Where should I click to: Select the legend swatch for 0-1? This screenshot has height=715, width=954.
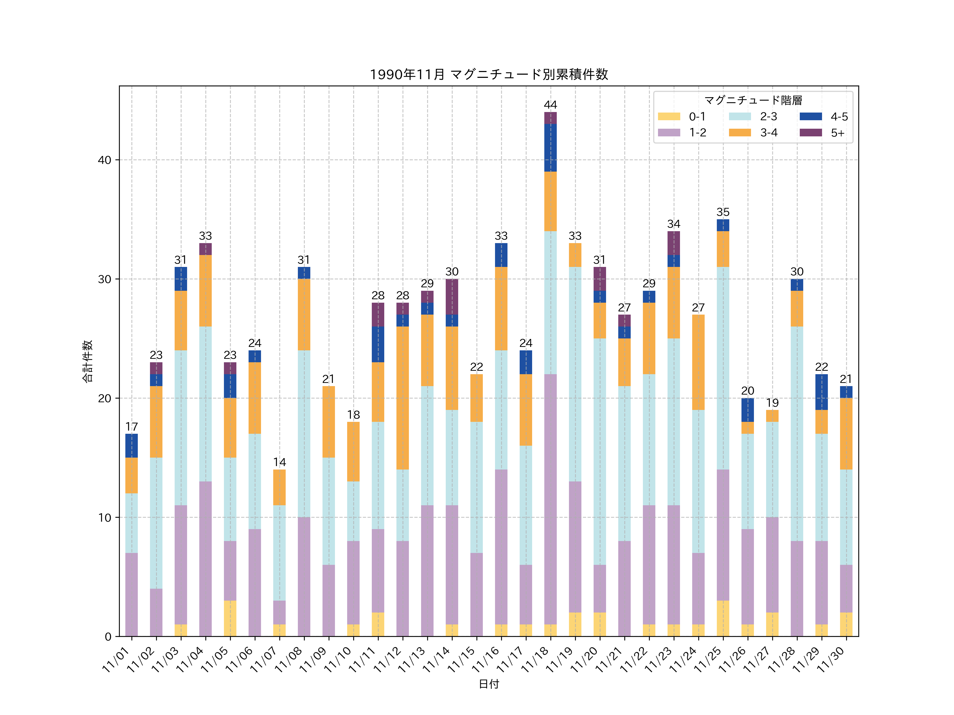click(669, 116)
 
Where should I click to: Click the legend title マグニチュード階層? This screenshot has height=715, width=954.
click(753, 100)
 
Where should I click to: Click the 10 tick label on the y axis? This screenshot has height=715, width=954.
click(104, 518)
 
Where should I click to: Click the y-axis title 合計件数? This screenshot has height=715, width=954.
click(87, 361)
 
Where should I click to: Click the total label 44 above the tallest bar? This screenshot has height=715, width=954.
click(550, 105)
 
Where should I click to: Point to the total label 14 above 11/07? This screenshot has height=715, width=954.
click(280, 462)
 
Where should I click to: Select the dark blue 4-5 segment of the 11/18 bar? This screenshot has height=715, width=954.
click(550, 148)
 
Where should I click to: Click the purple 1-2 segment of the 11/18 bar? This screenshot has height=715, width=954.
click(550, 499)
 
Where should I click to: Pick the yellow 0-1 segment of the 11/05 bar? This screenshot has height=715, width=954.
click(230, 618)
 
